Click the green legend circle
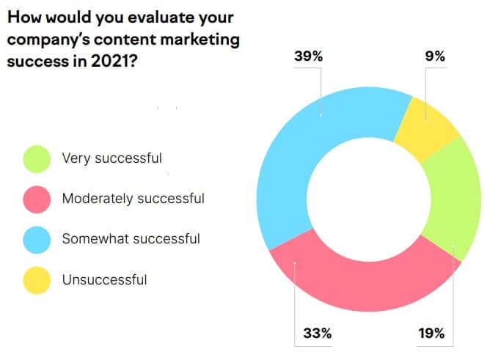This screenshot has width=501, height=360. pos(37,158)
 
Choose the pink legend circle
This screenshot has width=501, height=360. pos(37,199)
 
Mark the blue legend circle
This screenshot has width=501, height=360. pos(37,239)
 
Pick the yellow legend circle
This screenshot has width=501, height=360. pos(37,279)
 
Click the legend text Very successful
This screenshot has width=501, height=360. pos(111,158)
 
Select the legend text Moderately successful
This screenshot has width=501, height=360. pos(133,198)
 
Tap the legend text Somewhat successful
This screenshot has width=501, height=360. pos(131,238)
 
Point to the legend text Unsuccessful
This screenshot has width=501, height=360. pos(104,279)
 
